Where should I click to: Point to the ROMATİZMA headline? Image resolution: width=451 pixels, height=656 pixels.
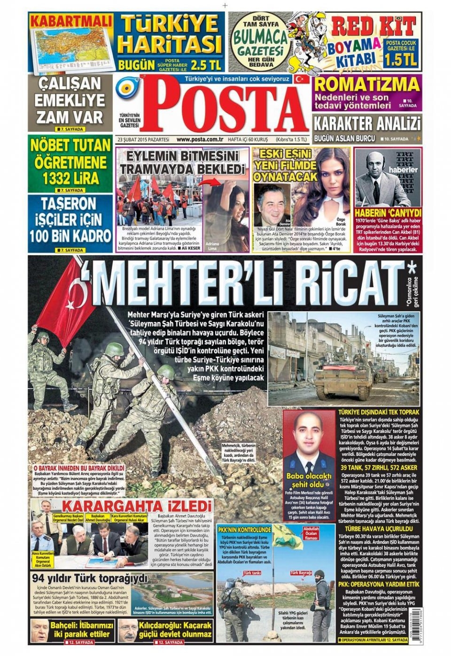[367, 84]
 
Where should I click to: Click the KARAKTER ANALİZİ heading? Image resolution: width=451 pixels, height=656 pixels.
[367, 124]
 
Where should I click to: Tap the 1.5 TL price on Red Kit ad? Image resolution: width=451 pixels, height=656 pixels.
[401, 60]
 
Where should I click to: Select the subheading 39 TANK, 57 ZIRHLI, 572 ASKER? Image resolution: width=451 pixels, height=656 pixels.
[379, 468]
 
